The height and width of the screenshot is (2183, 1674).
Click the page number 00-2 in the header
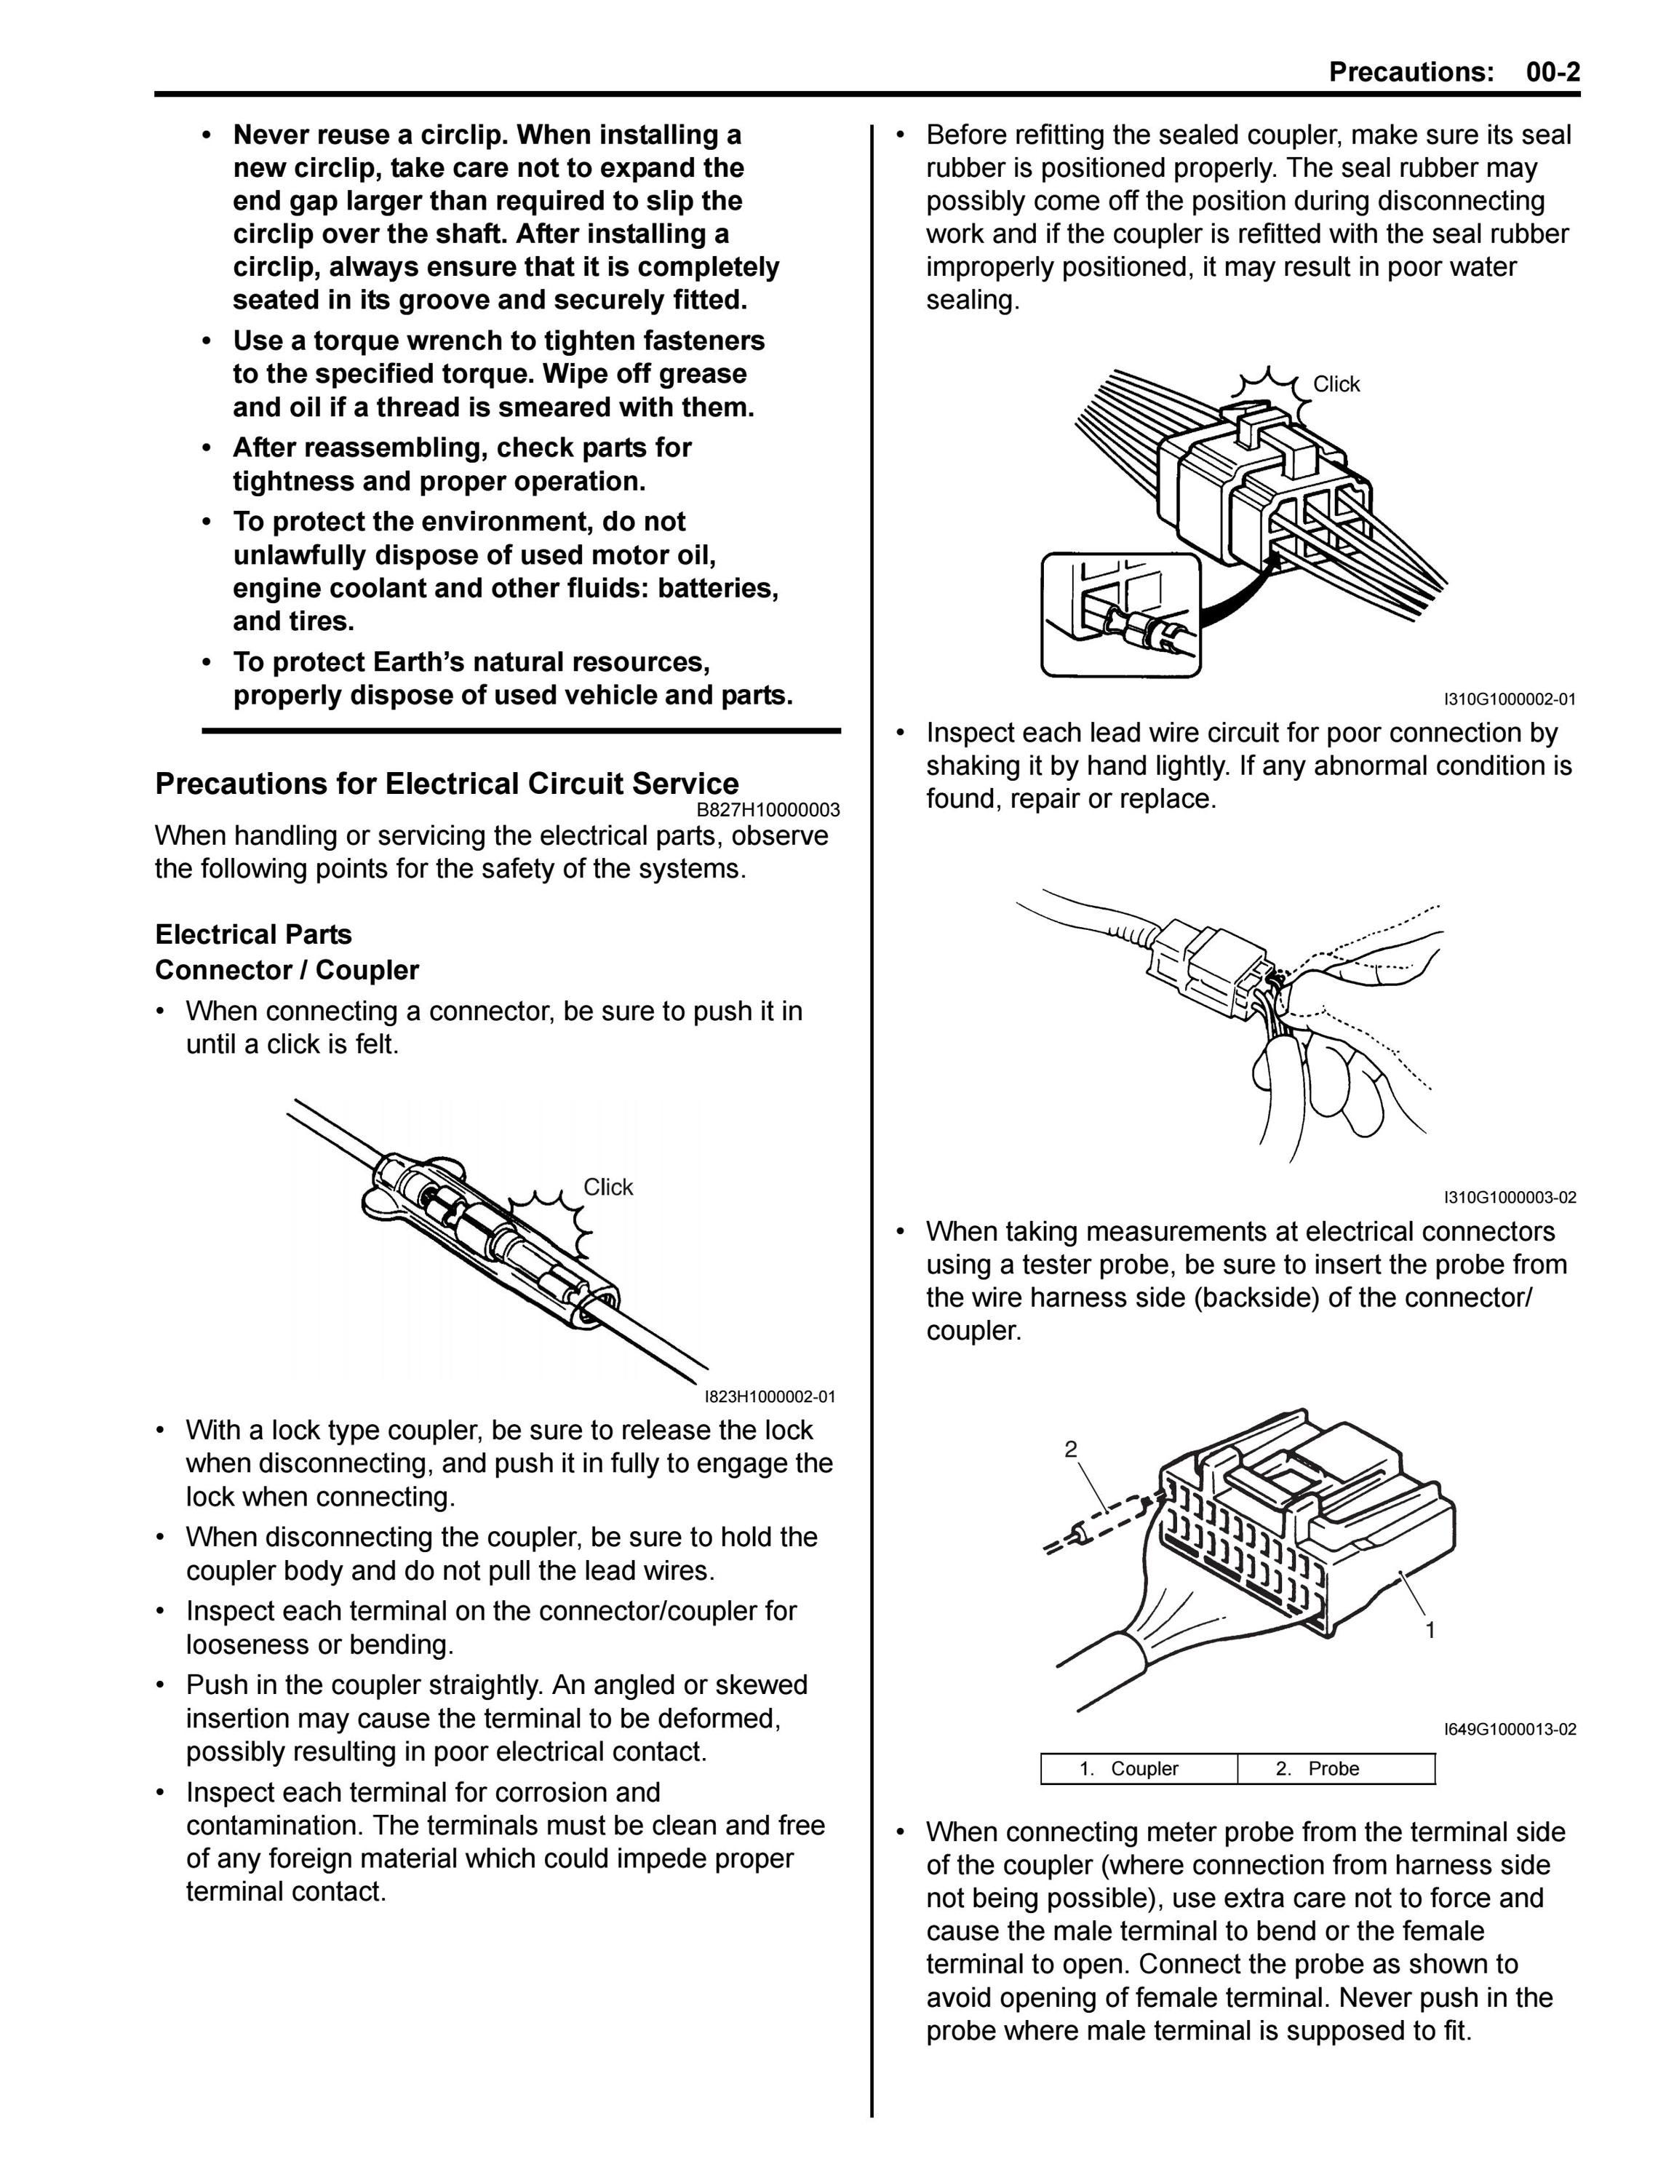click(x=1552, y=72)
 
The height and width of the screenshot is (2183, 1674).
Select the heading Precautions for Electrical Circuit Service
click(x=447, y=783)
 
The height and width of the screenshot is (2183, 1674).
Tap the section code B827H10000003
click(x=768, y=810)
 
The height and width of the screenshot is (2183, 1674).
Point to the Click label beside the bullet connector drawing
click(x=607, y=1187)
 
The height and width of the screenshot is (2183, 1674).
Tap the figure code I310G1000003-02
click(x=1510, y=1198)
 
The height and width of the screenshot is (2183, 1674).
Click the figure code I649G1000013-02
click(x=1510, y=1730)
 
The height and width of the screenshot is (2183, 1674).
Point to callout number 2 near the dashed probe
click(x=1071, y=1449)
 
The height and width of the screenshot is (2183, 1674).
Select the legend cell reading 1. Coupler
click(x=1139, y=1768)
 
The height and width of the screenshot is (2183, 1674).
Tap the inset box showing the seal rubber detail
click(x=1121, y=615)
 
